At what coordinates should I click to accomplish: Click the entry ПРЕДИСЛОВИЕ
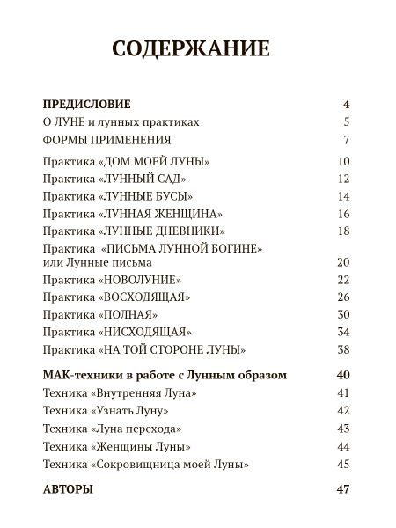pos(86,105)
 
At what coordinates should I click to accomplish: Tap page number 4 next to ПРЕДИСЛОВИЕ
pos(347,105)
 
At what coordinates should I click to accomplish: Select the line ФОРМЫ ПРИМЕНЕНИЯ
pos(106,141)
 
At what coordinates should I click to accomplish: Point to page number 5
pos(347,122)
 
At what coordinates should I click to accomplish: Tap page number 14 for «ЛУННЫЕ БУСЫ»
pos(343,196)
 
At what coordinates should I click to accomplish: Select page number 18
pos(343,231)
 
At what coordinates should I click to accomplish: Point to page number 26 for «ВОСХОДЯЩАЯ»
pos(343,297)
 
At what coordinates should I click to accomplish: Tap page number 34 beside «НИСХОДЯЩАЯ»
pos(343,332)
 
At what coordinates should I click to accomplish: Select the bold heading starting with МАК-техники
pos(165,375)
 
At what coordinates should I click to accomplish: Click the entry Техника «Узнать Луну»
pos(105,411)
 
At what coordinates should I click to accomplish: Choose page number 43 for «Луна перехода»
pos(343,429)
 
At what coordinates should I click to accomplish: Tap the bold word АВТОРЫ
pos(67,489)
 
